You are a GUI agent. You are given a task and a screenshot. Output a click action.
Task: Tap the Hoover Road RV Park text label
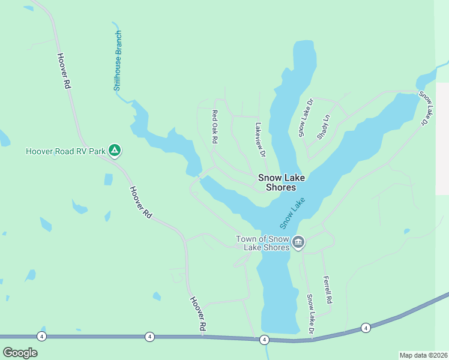pos(65,151)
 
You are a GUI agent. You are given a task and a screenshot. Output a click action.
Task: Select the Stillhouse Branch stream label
pos(118,61)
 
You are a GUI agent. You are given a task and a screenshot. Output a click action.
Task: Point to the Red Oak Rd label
pos(214,126)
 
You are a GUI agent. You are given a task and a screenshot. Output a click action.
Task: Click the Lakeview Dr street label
pos(260,140)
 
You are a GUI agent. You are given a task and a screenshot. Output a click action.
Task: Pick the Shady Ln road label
pos(324,127)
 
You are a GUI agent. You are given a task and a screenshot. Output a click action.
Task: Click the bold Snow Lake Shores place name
pos(277,182)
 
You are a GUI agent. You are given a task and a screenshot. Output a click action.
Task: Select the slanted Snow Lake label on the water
pos(292,213)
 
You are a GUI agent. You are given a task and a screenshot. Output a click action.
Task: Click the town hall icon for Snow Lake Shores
pos(298,242)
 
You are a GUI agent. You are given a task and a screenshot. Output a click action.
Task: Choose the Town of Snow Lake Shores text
pos(263,242)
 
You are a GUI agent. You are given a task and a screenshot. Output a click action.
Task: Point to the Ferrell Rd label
pos(327,289)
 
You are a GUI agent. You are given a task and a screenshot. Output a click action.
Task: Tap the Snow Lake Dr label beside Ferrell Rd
pos(310,314)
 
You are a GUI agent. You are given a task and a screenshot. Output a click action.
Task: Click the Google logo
pos(20,352)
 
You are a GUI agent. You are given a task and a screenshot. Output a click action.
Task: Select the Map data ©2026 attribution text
pos(423,355)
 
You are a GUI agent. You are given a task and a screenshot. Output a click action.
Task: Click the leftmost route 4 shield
pos(41,336)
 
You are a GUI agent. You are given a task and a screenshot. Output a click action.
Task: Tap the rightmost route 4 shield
pos(366,328)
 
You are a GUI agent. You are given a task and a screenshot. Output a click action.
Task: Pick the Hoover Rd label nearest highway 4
pos(198,314)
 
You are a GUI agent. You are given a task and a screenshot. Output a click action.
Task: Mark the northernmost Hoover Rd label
pos(64,71)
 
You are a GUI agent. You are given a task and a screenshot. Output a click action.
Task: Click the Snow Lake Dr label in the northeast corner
pos(430,108)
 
